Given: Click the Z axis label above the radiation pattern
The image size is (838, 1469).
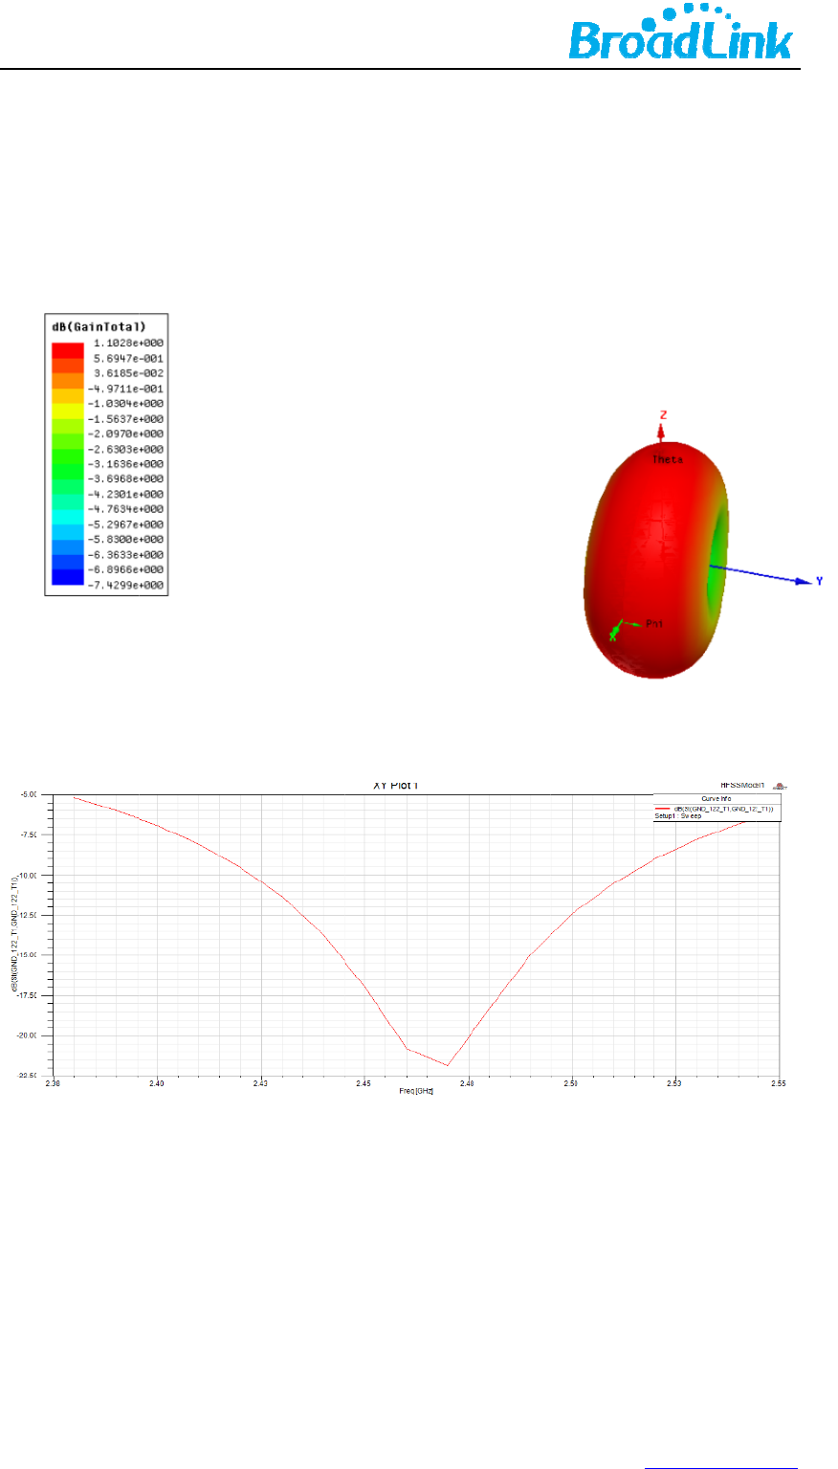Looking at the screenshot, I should coord(661,414).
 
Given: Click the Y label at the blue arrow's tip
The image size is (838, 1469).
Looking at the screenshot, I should coord(819,581).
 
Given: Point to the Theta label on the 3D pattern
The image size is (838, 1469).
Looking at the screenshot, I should coord(668,460).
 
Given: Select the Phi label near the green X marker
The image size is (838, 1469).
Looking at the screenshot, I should coord(654,624).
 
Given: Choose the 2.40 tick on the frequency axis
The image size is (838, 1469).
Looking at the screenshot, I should coord(158,1084).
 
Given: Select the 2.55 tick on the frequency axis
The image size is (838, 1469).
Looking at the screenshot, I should coord(780,1084).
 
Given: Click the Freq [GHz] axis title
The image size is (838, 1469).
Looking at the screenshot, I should coord(417,1091).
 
